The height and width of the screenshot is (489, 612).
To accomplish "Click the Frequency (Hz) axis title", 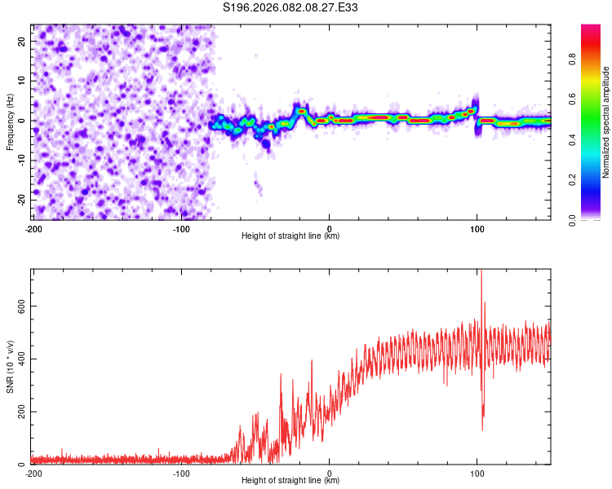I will tap(10, 121).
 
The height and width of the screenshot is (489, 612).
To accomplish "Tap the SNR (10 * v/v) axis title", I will tap(10, 367).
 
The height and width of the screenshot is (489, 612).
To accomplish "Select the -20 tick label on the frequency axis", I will tap(20, 200).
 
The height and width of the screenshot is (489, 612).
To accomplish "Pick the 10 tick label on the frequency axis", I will tap(21, 81).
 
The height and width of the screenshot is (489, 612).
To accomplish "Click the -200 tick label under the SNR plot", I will tap(33, 473).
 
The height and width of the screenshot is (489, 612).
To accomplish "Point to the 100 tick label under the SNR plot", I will tap(477, 473).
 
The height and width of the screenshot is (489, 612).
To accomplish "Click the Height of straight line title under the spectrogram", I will tap(290, 236).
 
